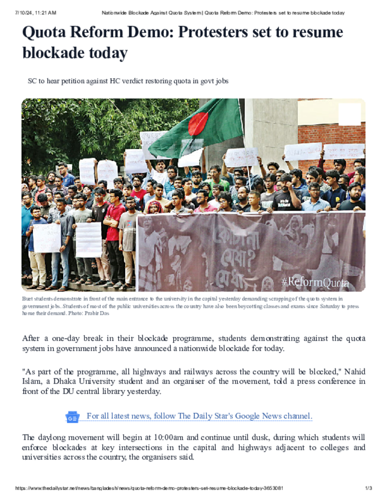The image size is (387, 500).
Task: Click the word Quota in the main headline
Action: [44, 32]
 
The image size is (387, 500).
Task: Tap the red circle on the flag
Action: [198, 124]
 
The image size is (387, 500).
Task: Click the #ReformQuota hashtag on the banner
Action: [315, 282]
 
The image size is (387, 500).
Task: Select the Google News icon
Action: [72, 417]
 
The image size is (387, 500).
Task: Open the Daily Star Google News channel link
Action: [199, 416]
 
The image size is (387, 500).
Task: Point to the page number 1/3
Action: [368, 488]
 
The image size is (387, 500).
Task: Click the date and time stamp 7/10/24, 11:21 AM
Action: [36, 13]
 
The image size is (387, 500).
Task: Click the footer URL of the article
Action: [149, 488]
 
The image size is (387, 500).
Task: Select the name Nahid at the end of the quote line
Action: [355, 372]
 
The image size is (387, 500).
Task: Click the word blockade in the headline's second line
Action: [50, 52]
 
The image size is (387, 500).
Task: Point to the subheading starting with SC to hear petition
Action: [128, 81]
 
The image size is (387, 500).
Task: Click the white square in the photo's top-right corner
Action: [350, 114]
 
